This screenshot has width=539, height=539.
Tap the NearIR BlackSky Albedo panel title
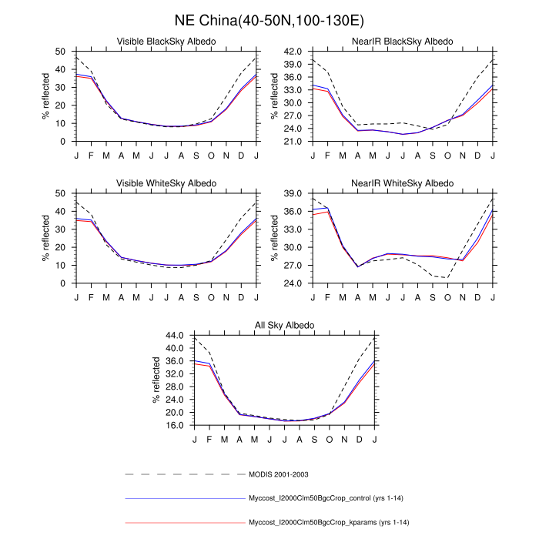[403, 41]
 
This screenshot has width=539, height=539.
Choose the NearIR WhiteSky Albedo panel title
[403, 183]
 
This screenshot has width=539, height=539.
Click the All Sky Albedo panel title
[285, 326]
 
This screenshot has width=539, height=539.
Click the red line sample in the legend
[185, 523]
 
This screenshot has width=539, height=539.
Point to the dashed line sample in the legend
[185, 474]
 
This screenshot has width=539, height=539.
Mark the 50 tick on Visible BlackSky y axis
[60, 51]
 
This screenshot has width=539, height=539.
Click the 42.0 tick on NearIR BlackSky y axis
[292, 51]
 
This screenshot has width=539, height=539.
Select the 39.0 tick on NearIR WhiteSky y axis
[292, 193]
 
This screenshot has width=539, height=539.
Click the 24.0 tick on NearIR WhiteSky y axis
[292, 283]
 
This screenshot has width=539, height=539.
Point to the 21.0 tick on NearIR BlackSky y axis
[292, 142]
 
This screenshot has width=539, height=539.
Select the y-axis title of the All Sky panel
[156, 381]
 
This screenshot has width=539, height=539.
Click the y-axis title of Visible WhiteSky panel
[45, 239]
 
